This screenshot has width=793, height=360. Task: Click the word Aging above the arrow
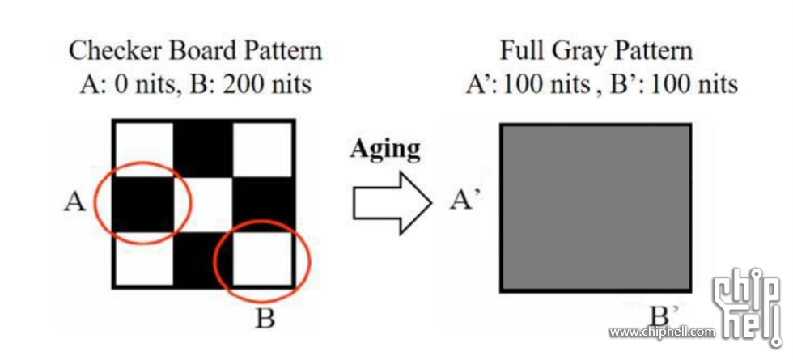pyautogui.click(x=385, y=149)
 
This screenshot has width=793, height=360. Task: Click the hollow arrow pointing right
pyautogui.click(x=392, y=203)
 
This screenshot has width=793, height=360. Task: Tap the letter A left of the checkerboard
pyautogui.click(x=74, y=202)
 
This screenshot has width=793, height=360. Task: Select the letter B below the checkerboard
pyautogui.click(x=265, y=319)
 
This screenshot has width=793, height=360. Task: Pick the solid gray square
pyautogui.click(x=596, y=208)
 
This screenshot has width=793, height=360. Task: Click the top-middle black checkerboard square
pyautogui.click(x=203, y=149)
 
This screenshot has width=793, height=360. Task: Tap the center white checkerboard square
pyautogui.click(x=203, y=204)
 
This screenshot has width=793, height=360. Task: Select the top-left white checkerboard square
pyautogui.click(x=144, y=149)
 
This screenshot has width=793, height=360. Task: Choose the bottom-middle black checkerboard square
pyautogui.click(x=203, y=259)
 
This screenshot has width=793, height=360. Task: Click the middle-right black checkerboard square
pyautogui.click(x=262, y=204)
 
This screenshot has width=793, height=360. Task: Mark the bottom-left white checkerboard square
pyautogui.click(x=144, y=259)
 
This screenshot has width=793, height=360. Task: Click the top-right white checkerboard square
pyautogui.click(x=262, y=149)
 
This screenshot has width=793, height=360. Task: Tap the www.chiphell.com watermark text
pyautogui.click(x=662, y=332)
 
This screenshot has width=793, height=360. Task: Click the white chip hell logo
pyautogui.click(x=747, y=307)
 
